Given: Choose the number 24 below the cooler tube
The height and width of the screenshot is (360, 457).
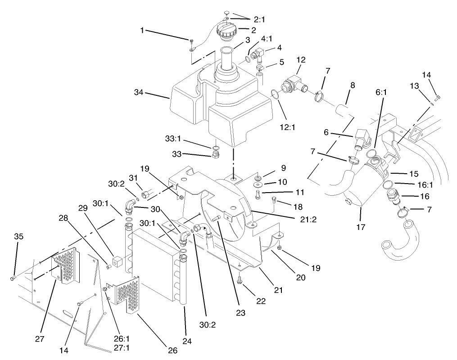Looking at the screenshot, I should point(187,342).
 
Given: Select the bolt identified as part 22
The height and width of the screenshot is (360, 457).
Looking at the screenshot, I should point(240,280).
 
